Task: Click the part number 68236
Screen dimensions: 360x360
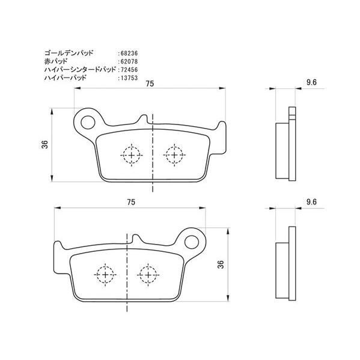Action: (x=129, y=53)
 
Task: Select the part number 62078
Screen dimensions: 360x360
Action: (x=129, y=61)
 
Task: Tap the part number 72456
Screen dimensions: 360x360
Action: (x=129, y=70)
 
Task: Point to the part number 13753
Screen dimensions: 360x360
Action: (x=129, y=78)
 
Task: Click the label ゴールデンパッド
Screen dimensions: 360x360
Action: (x=69, y=53)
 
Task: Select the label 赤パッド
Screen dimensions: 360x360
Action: (x=56, y=61)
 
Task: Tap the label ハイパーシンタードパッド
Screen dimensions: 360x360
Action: (x=80, y=69)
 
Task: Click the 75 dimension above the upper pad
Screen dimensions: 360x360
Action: (x=150, y=84)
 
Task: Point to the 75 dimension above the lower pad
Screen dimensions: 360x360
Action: (x=131, y=202)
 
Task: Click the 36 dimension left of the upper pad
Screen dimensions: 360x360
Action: (x=44, y=144)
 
